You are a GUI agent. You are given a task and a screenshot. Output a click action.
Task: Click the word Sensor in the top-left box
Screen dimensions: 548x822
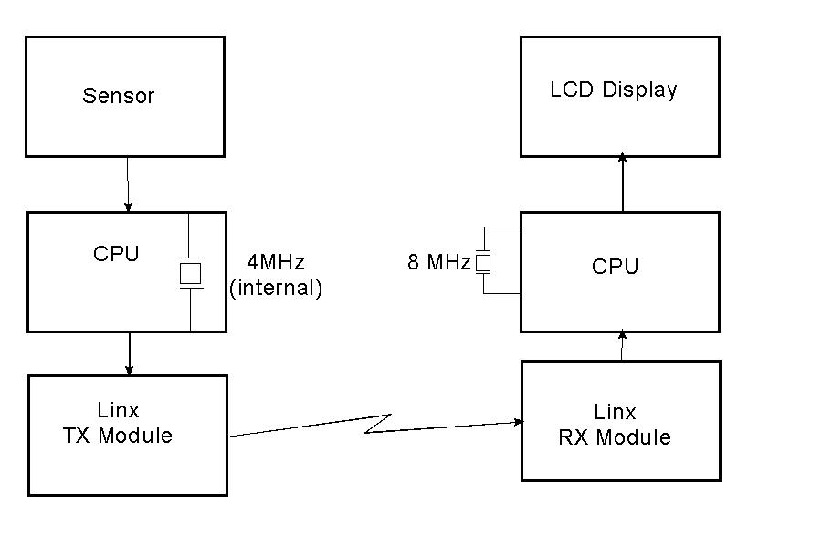[119, 96]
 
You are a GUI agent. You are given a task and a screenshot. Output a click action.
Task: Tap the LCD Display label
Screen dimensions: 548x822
[614, 90]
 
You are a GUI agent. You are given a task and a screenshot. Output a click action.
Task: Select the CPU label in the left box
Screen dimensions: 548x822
[116, 254]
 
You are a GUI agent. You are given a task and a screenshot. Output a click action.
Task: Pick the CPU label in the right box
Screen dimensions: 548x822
[615, 267]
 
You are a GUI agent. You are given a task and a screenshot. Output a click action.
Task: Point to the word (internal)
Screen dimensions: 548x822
[276, 289]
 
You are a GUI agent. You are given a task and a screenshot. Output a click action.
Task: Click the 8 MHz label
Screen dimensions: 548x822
[438, 263]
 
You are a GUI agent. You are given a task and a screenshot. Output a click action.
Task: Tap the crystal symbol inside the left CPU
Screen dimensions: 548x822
[190, 272]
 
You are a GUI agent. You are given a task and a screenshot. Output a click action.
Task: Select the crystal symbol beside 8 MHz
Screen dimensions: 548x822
[484, 263]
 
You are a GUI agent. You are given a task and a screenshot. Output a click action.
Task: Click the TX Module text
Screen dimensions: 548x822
[117, 436]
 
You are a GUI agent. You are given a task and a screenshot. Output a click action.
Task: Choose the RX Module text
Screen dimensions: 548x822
[614, 437]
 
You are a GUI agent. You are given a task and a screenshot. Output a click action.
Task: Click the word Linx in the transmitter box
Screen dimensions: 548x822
[118, 410]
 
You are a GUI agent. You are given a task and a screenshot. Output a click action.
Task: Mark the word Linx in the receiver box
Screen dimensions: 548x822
[615, 412]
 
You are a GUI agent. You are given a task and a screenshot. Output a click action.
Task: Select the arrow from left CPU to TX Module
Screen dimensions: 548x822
[129, 353]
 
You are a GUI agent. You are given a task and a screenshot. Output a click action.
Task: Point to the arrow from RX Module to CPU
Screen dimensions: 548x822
[622, 346]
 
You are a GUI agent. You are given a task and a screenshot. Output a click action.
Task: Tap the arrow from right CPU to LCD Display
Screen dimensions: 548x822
[623, 183]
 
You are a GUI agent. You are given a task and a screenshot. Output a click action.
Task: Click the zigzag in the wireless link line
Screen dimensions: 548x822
[377, 424]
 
